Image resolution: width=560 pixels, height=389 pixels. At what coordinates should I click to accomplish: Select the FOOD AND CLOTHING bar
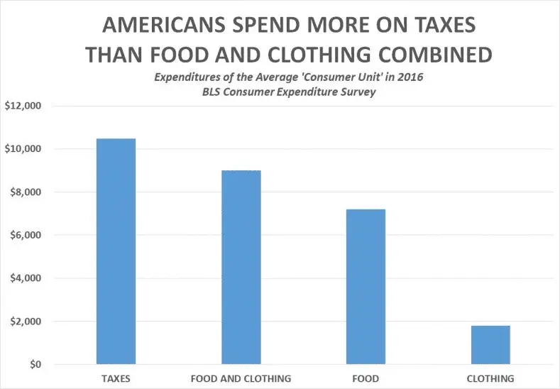(241, 268)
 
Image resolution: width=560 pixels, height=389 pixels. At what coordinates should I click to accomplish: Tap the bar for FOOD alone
(366, 287)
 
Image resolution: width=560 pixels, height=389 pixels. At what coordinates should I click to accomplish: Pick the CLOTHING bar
(490, 345)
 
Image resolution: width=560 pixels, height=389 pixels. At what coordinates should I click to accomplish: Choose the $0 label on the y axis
(34, 365)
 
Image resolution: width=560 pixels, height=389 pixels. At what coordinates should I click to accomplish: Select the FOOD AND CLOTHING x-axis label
(241, 378)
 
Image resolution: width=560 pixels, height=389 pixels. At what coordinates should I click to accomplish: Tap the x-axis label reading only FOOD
(366, 378)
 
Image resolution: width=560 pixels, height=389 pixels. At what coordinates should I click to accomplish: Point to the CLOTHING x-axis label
(490, 378)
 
